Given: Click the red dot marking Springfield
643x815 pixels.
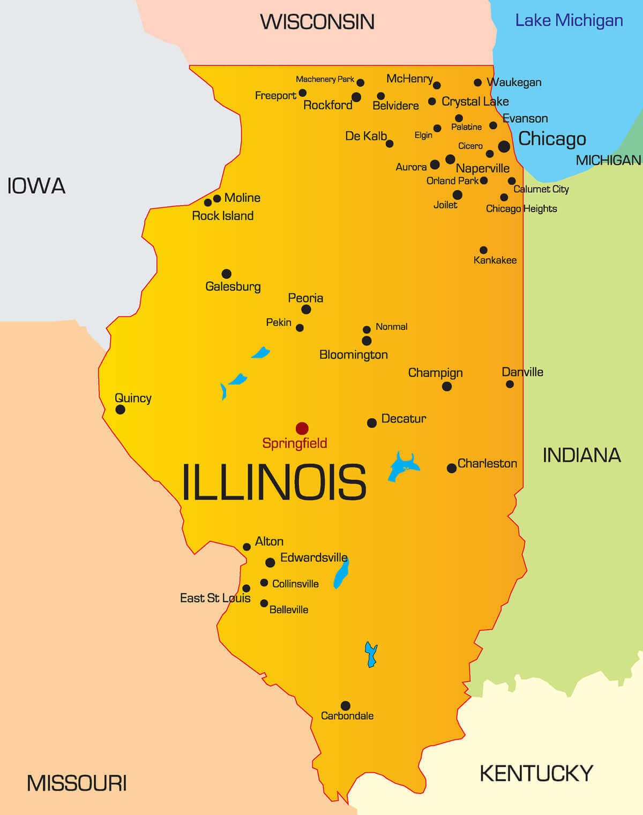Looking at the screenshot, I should tap(302, 428).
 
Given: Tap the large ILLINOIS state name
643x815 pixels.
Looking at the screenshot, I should tap(274, 482).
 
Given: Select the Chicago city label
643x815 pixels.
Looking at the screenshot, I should tap(552, 139).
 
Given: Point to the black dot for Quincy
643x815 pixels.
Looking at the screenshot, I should tap(121, 410).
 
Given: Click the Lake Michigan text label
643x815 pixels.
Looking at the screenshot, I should tap(569, 20).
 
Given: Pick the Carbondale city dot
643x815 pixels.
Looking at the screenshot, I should tap(346, 706).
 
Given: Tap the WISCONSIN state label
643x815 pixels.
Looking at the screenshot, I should tap(317, 22).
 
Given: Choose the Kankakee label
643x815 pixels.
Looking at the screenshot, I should tap(495, 260).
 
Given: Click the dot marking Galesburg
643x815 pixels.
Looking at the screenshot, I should tap(227, 274).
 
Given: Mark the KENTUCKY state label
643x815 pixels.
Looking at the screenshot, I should tap(536, 774).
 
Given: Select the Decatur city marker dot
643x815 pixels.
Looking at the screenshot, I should tap(372, 423).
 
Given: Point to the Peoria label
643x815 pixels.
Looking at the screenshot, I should tap(305, 298).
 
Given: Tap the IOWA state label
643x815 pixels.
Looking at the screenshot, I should tap(36, 186).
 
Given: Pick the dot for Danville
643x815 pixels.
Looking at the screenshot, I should tap(510, 384).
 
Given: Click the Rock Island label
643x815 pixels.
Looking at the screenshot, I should tap(223, 216).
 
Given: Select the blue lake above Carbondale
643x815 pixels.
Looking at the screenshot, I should tap(371, 654).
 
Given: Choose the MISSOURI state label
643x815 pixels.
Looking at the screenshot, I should tap(77, 783).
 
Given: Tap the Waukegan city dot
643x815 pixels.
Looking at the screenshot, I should tap(477, 82).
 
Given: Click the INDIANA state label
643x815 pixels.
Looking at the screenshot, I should tap(581, 455).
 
